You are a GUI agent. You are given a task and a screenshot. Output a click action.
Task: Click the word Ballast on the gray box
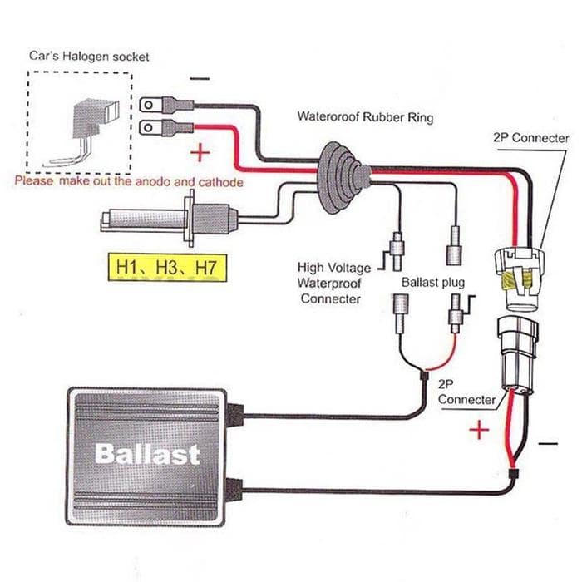(x=147, y=454)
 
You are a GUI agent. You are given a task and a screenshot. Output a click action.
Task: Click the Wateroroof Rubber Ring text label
(x=365, y=117)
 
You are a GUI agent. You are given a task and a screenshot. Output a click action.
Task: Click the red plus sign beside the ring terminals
(x=200, y=154)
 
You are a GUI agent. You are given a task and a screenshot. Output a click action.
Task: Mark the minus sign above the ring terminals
(x=200, y=78)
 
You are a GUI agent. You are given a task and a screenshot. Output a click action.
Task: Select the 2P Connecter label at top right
(x=530, y=138)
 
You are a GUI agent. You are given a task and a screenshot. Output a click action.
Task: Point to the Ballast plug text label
(x=433, y=283)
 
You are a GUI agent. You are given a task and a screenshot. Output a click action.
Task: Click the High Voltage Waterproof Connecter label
(x=329, y=283)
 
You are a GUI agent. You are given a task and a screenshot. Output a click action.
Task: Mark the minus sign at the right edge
(x=548, y=445)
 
